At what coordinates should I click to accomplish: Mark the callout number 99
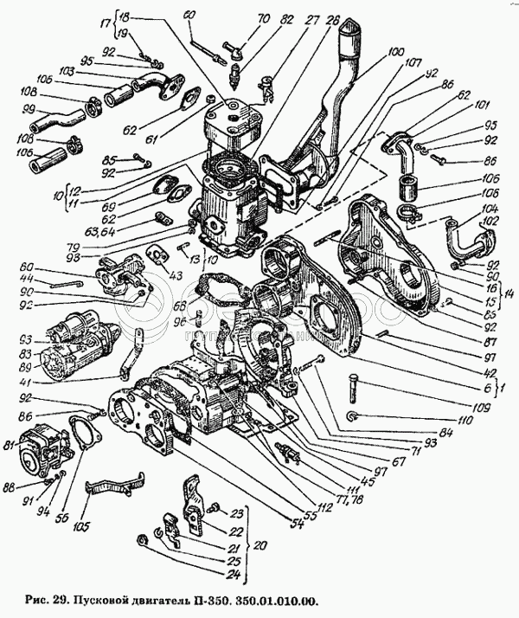[28, 109]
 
